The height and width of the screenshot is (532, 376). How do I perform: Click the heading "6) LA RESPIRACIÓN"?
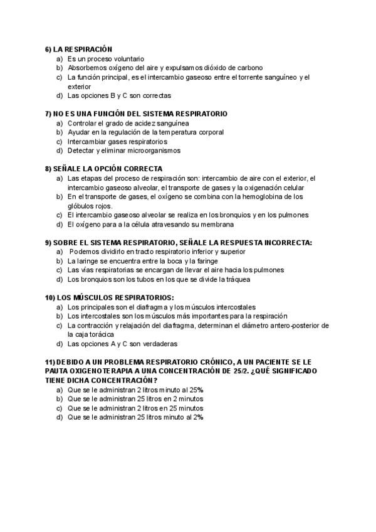click(78, 49)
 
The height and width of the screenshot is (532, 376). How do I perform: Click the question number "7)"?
click(50, 114)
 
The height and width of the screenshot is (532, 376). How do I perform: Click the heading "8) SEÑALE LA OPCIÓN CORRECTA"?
click(104, 169)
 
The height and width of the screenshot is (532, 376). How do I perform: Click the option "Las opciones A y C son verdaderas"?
click(122, 344)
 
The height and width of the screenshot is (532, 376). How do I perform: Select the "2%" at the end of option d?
click(198, 417)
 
